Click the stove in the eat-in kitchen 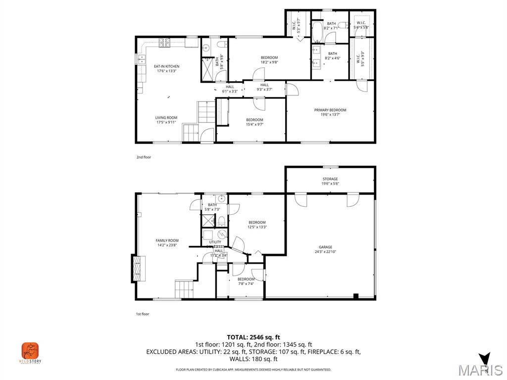(164, 43)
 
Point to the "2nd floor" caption (144, 157)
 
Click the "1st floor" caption (143, 314)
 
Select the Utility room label (215, 242)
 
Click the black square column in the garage (355, 296)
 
